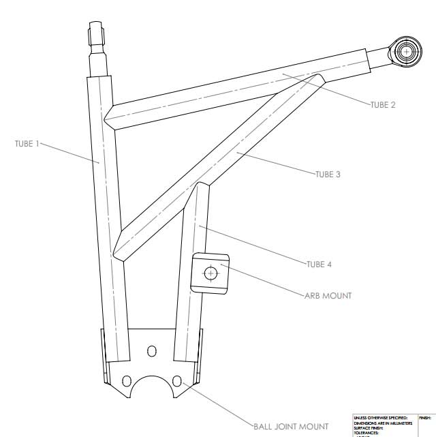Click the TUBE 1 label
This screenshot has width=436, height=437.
tap(27, 144)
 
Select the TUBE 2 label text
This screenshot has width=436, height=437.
tap(383, 105)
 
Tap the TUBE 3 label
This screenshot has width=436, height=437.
tap(328, 175)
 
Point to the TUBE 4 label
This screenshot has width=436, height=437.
tap(319, 264)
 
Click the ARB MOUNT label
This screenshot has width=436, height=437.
tap(328, 295)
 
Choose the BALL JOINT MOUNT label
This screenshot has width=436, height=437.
tap(291, 427)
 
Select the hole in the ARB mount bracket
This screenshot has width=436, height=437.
tap(211, 273)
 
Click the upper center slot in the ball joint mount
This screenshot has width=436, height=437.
tap(151, 350)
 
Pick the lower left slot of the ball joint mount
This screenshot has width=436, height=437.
tap(126, 380)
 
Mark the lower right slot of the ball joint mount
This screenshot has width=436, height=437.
tap(176, 380)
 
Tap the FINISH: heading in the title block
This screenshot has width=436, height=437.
tap(425, 417)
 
